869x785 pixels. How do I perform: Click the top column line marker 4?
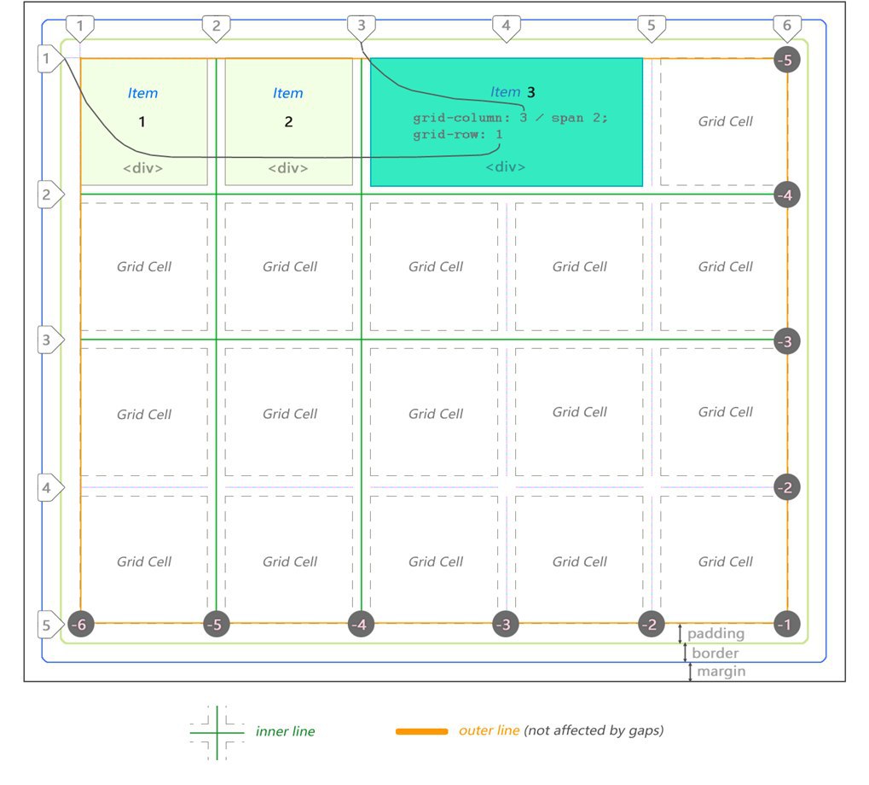click(506, 27)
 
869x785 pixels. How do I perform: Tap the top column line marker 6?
click(787, 27)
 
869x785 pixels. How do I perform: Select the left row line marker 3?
click(49, 340)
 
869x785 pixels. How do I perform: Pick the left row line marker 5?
click(49, 625)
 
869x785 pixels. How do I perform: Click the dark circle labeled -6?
click(80, 625)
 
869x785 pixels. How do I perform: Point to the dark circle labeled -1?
click(787, 625)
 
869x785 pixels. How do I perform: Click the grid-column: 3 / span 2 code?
click(510, 118)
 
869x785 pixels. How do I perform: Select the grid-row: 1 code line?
click(458, 135)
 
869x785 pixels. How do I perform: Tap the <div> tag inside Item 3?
click(506, 167)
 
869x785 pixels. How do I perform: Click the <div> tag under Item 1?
click(143, 168)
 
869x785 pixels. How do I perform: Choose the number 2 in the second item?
click(288, 122)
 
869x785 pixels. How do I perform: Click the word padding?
click(715, 633)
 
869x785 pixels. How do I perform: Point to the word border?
click(715, 653)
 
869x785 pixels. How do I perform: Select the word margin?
click(721, 672)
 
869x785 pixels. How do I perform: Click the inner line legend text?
click(285, 731)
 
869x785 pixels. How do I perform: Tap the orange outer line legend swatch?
click(422, 731)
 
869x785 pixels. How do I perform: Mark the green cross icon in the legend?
click(217, 733)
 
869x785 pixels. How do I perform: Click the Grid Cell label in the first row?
click(725, 121)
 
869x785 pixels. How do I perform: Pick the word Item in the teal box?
click(505, 92)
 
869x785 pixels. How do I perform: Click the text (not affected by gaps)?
click(594, 730)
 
